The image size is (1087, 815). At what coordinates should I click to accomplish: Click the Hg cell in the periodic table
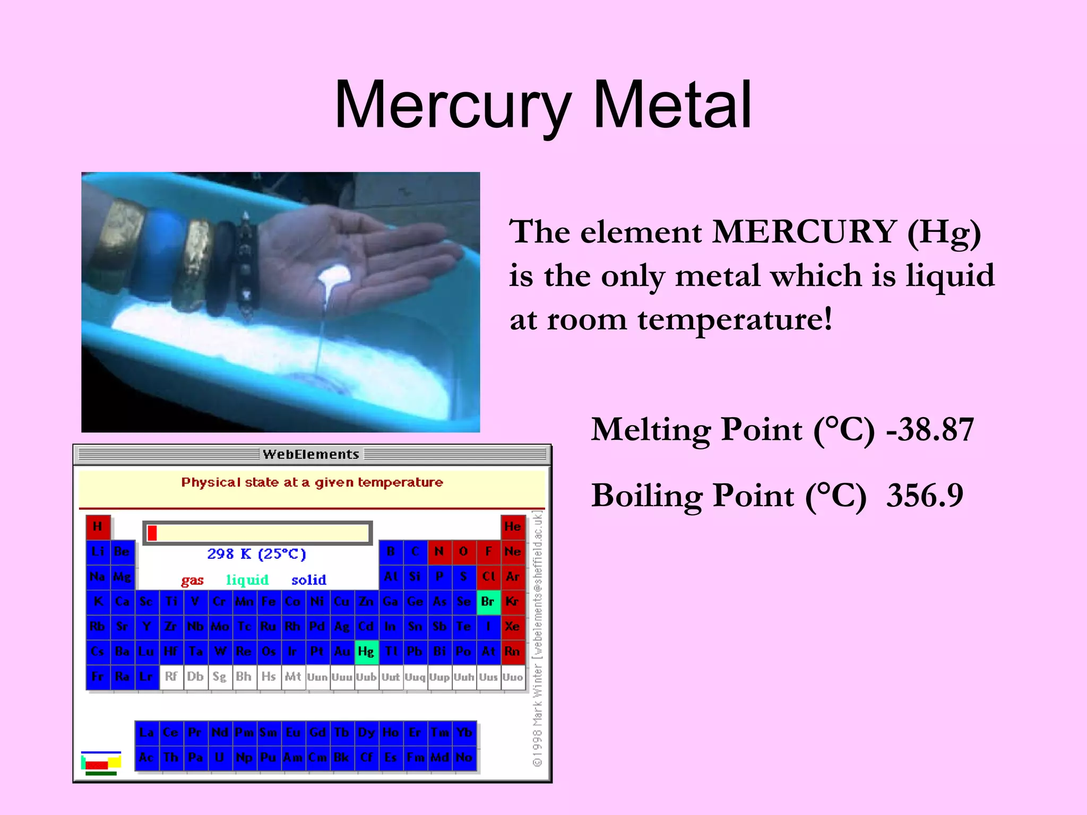[x=366, y=652]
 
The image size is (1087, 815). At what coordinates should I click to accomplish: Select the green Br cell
[x=488, y=602]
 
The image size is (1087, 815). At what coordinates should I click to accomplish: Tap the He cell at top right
[x=512, y=526]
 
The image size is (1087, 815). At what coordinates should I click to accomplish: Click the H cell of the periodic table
[x=98, y=526]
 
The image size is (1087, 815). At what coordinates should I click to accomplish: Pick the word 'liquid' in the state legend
[x=247, y=580]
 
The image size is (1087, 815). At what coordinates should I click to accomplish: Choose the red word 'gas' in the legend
[x=192, y=580]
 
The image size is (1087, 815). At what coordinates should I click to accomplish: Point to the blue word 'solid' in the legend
[x=308, y=580]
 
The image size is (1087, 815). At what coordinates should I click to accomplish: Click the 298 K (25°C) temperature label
[x=257, y=554]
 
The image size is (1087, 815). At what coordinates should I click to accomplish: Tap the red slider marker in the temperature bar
[x=152, y=533]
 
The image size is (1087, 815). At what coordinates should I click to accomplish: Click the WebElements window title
[x=311, y=454]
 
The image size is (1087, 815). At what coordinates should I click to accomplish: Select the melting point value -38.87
[x=930, y=429]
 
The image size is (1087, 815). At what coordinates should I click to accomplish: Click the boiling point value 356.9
[x=925, y=496]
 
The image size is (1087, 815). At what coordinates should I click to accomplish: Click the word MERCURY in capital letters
[x=804, y=232]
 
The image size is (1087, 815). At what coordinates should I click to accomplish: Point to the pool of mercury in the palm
[x=334, y=276]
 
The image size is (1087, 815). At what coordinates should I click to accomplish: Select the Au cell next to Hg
[x=342, y=652]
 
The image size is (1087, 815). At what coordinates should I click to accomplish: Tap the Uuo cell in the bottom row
[x=513, y=677]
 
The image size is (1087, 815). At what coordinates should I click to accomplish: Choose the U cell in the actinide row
[x=219, y=758]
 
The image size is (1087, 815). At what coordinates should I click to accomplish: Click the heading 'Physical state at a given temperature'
[x=312, y=482]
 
